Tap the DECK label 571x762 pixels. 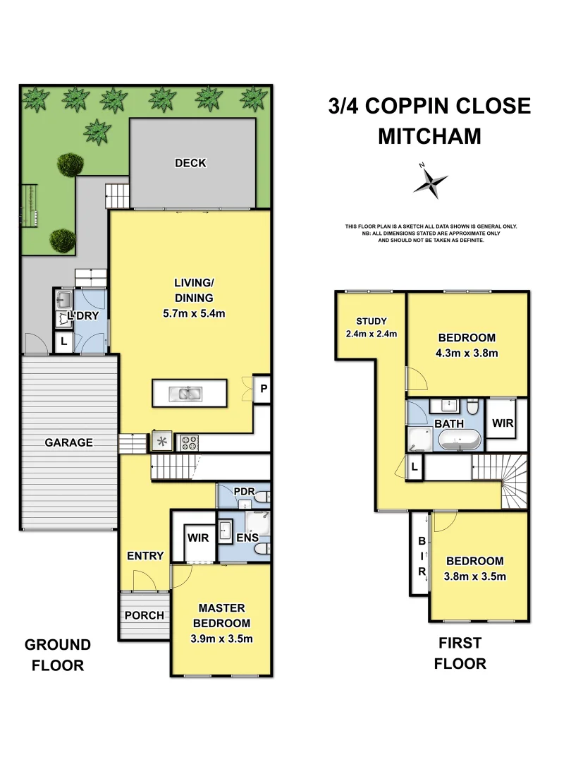coord(190,163)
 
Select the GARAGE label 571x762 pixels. coord(69,442)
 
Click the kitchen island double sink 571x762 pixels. coord(188,394)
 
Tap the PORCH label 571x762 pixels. coord(145,615)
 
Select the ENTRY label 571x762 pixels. coord(145,556)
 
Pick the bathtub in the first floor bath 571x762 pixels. coord(460,442)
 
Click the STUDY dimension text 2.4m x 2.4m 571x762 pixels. coord(372,334)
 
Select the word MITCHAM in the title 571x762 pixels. coord(429,136)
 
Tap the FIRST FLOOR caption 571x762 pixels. coord(460,653)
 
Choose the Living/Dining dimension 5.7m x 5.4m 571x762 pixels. coord(194,314)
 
